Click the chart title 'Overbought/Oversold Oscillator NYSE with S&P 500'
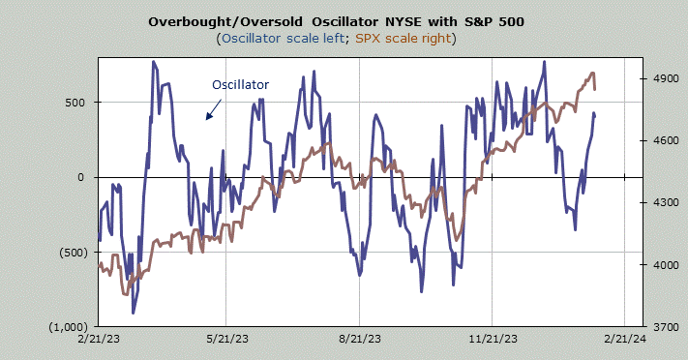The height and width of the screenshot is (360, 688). point(336,21)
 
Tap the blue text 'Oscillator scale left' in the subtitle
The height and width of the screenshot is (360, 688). point(283,39)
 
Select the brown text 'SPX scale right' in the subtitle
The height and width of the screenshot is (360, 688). point(404,39)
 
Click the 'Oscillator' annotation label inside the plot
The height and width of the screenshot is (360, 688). point(240,85)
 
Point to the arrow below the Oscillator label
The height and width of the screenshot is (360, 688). point(214,109)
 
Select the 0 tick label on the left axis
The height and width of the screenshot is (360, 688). point(80,177)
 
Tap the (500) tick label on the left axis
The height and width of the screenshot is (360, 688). point(74,253)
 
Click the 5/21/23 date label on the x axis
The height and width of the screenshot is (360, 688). point(227,339)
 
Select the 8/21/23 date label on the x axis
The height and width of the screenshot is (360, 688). point(361,339)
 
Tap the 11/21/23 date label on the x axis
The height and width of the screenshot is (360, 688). point(494,339)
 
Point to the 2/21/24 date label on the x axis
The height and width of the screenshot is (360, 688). point(625,339)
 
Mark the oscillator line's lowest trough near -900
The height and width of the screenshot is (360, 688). point(133,313)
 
